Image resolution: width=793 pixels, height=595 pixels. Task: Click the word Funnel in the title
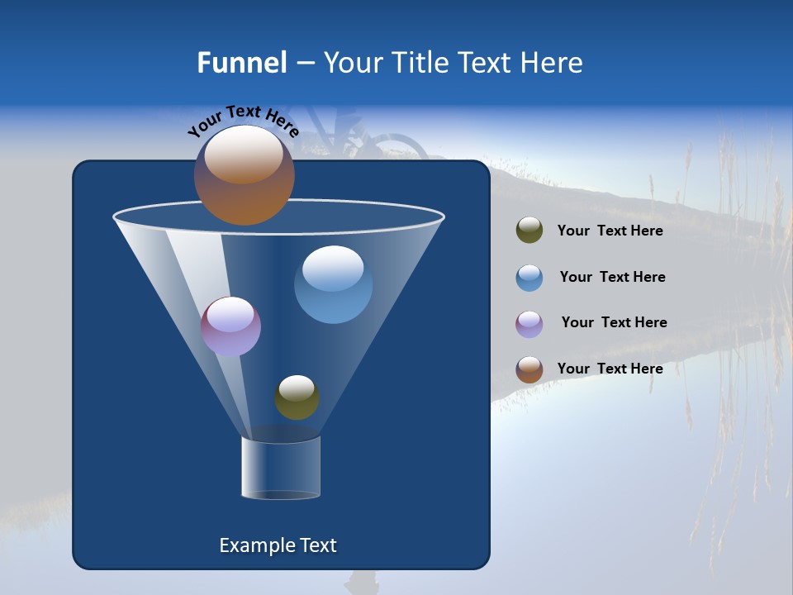[242, 63]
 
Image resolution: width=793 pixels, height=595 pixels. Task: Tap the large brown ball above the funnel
[245, 174]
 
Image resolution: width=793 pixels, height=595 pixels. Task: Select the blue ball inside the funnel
[333, 284]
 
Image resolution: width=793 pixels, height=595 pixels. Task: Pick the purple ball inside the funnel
[230, 326]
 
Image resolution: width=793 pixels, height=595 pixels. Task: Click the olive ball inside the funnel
[297, 397]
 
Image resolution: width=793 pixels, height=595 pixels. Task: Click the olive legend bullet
[529, 231]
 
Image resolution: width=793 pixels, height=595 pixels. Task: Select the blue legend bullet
[529, 278]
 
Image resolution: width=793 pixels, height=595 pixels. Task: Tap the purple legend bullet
[529, 324]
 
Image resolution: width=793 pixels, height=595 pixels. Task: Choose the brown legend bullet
[529, 369]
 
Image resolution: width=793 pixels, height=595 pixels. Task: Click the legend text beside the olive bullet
[610, 231]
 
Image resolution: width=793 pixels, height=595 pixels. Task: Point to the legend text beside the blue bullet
[612, 278]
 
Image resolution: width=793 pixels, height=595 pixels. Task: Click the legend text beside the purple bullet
[614, 323]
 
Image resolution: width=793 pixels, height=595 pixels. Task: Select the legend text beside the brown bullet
[610, 369]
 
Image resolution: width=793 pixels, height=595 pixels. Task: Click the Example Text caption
[278, 545]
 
